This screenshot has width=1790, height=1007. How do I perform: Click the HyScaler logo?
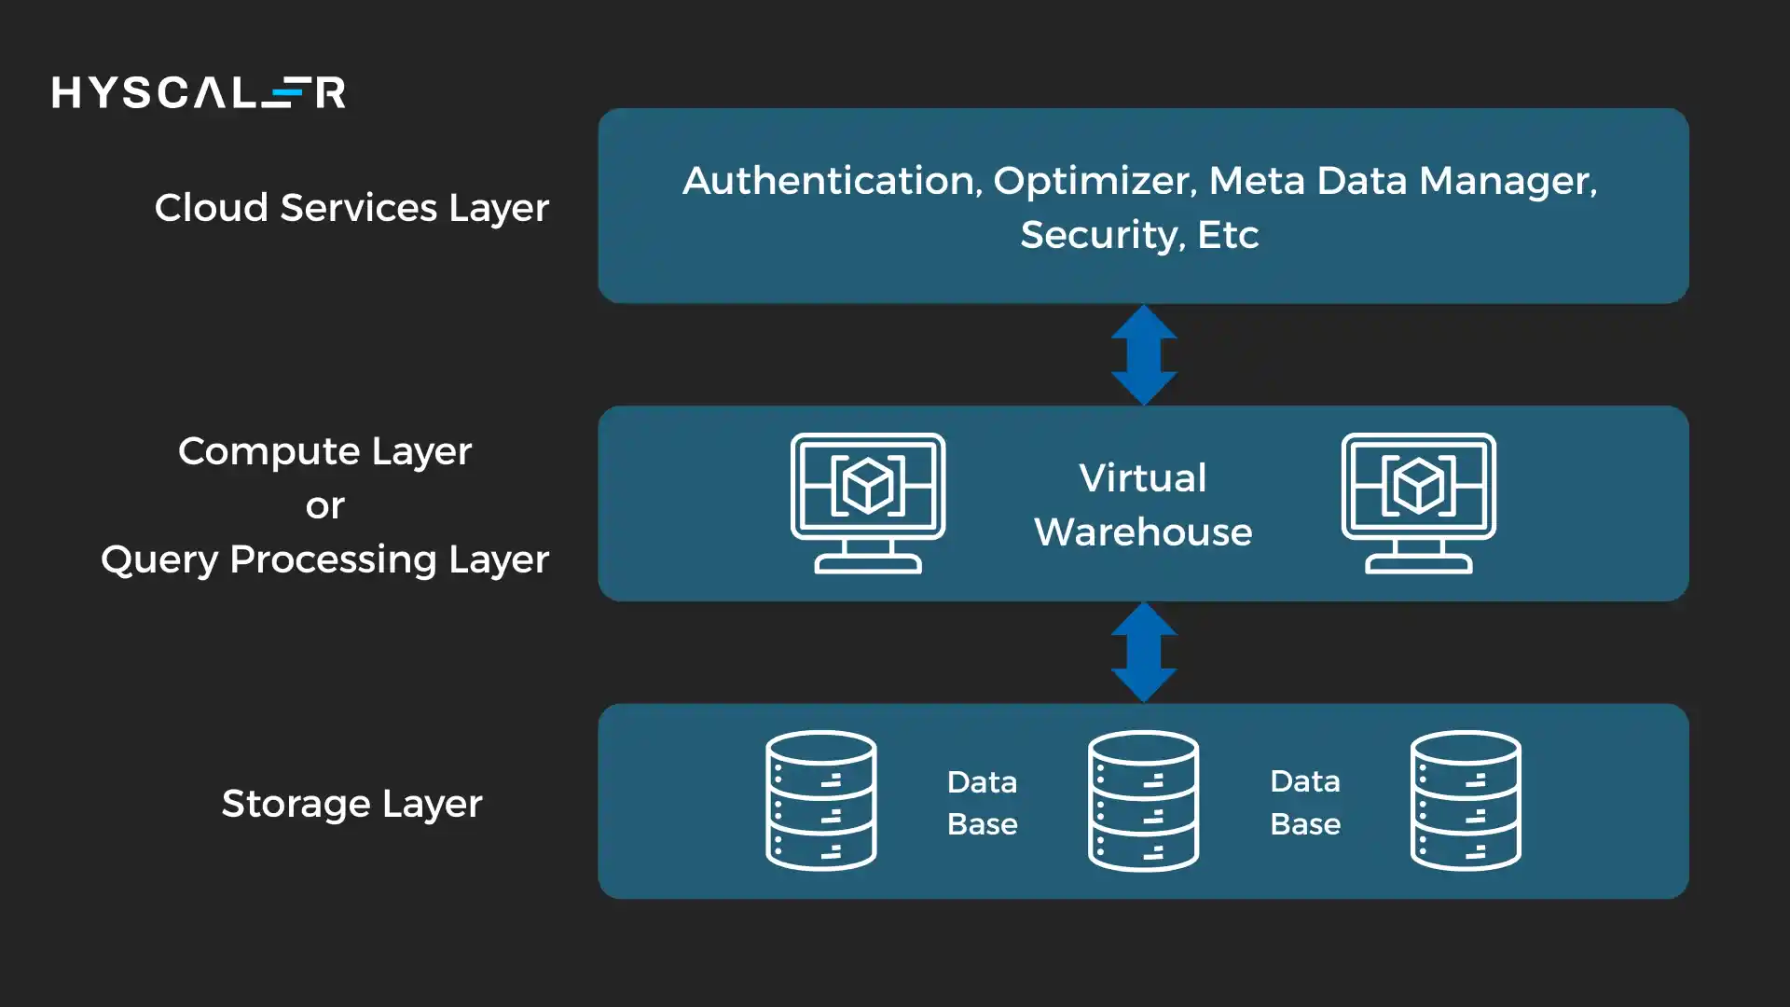click(x=199, y=92)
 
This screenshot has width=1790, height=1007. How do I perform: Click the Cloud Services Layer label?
click(x=351, y=207)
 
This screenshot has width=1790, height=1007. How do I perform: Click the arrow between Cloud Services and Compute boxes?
click(x=1144, y=355)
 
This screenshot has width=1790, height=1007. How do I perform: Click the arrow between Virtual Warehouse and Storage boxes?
click(x=1144, y=653)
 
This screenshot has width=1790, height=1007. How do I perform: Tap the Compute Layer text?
click(x=324, y=451)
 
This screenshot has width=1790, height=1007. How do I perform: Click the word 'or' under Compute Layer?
click(x=324, y=505)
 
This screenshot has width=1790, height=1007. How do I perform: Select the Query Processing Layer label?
click(x=324, y=559)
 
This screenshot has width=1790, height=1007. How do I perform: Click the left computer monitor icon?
click(x=868, y=503)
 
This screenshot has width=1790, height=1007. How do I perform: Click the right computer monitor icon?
click(x=1418, y=503)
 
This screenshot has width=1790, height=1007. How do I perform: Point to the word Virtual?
click(x=1143, y=477)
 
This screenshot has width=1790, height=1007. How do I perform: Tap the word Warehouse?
click(x=1143, y=531)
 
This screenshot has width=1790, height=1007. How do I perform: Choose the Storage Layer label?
click(x=351, y=803)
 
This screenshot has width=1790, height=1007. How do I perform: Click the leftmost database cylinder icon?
click(x=820, y=801)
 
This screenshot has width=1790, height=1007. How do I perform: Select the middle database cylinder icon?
click(x=1143, y=801)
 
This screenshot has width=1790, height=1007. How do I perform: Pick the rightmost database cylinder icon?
click(x=1466, y=801)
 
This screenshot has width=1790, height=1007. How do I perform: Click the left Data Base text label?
click(x=982, y=802)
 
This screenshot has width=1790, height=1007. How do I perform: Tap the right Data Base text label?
click(x=1304, y=802)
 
